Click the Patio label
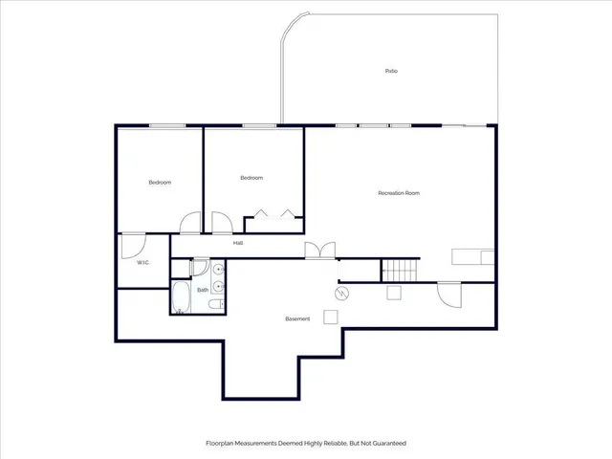pyautogui.click(x=391, y=71)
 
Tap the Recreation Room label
pyautogui.click(x=399, y=193)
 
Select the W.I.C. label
pyautogui.click(x=142, y=262)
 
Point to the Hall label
pyautogui.click(x=237, y=243)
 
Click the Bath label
pyautogui.click(x=203, y=289)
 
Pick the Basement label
pyautogui.click(x=297, y=318)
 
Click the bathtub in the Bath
pyautogui.click(x=182, y=296)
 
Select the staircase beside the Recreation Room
pyautogui.click(x=401, y=270)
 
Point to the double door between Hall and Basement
pyautogui.click(x=320, y=251)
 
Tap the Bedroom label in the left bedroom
pyautogui.click(x=160, y=183)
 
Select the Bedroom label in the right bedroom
pyautogui.click(x=251, y=178)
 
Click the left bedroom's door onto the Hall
pyautogui.click(x=190, y=224)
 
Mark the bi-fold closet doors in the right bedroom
pyautogui.click(x=274, y=214)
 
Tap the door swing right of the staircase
pyautogui.click(x=447, y=292)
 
